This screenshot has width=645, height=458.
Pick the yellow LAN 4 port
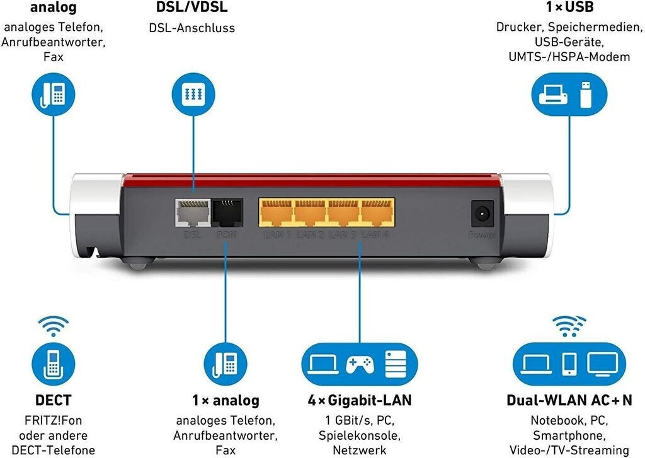click(376, 214)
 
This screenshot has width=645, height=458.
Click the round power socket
click(482, 214)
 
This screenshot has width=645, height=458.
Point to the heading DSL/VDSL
click(191, 8)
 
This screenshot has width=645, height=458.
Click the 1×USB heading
click(569, 8)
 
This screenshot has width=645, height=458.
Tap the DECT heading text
click(54, 400)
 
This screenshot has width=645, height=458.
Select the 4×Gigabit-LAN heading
click(360, 400)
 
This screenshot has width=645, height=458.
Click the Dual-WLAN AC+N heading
click(569, 400)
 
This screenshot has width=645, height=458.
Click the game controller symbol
click(360, 364)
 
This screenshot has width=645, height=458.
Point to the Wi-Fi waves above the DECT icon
click(54, 326)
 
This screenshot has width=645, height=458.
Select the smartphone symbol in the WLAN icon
click(569, 364)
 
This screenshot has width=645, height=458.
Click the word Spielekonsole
click(360, 435)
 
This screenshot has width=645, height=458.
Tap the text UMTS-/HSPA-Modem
click(569, 57)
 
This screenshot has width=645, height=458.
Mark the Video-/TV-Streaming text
click(569, 450)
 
